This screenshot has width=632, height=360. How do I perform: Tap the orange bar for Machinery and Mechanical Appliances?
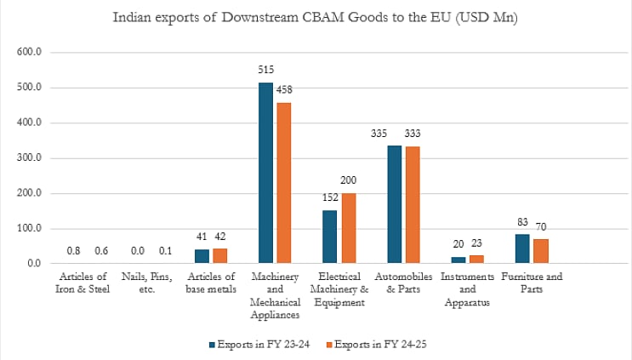pyautogui.click(x=285, y=183)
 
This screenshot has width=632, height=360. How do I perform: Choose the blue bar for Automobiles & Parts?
pyautogui.click(x=394, y=204)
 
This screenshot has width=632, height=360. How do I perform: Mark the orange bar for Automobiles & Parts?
pyautogui.click(x=413, y=205)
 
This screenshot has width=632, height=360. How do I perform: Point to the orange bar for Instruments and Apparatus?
pyautogui.click(x=476, y=260)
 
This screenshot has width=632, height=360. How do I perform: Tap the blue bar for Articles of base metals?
pyautogui.click(x=202, y=256)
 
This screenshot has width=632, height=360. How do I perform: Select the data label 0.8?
pyautogui.click(x=73, y=250)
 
